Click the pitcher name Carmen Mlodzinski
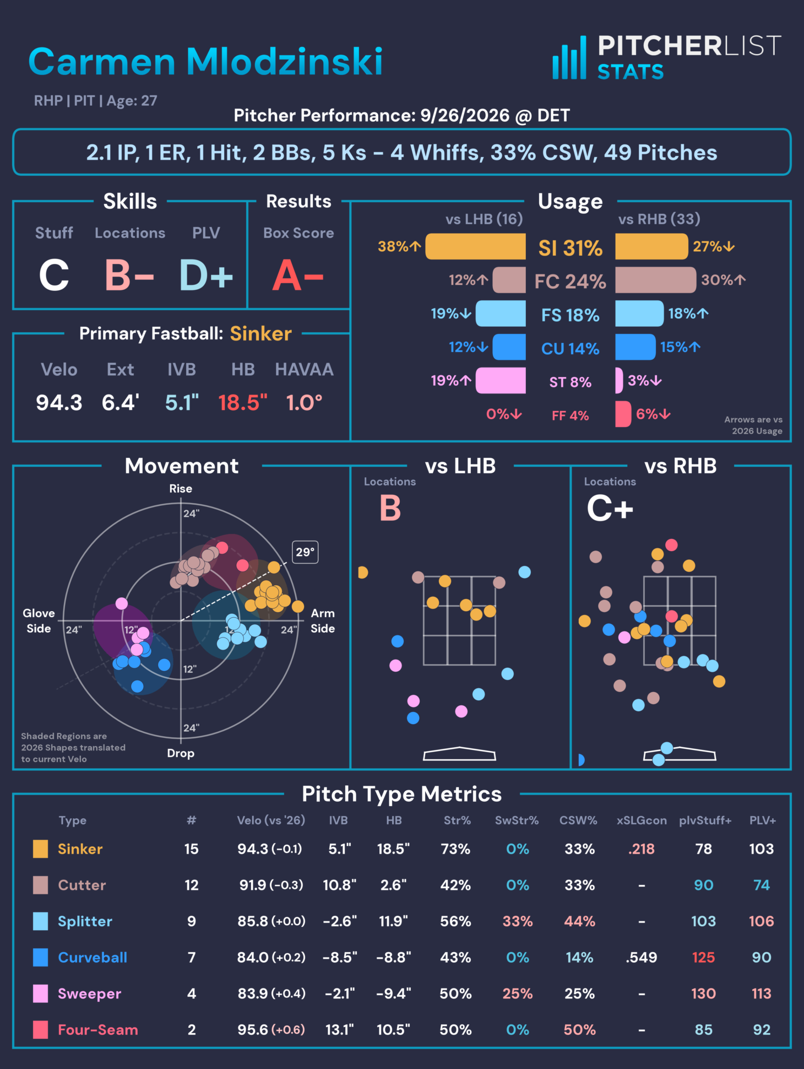(x=205, y=61)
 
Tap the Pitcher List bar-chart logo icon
(x=569, y=58)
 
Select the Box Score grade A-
(x=298, y=276)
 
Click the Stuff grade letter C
(x=54, y=276)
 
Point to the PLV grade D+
(x=206, y=276)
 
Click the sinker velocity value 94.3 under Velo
(x=59, y=403)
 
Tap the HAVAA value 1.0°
(x=304, y=403)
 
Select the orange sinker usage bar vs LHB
(x=476, y=246)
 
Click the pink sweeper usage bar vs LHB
(x=501, y=381)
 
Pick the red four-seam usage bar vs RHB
(x=623, y=414)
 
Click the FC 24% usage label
(x=570, y=282)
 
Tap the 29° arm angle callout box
(x=306, y=552)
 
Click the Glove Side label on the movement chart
(x=39, y=621)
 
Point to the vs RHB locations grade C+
(x=610, y=508)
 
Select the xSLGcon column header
(x=642, y=820)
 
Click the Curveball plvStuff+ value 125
(x=703, y=957)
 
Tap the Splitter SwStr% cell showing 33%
(x=518, y=921)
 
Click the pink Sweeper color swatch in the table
(x=40, y=994)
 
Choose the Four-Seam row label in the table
(x=98, y=1030)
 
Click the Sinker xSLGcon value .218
(x=642, y=849)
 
